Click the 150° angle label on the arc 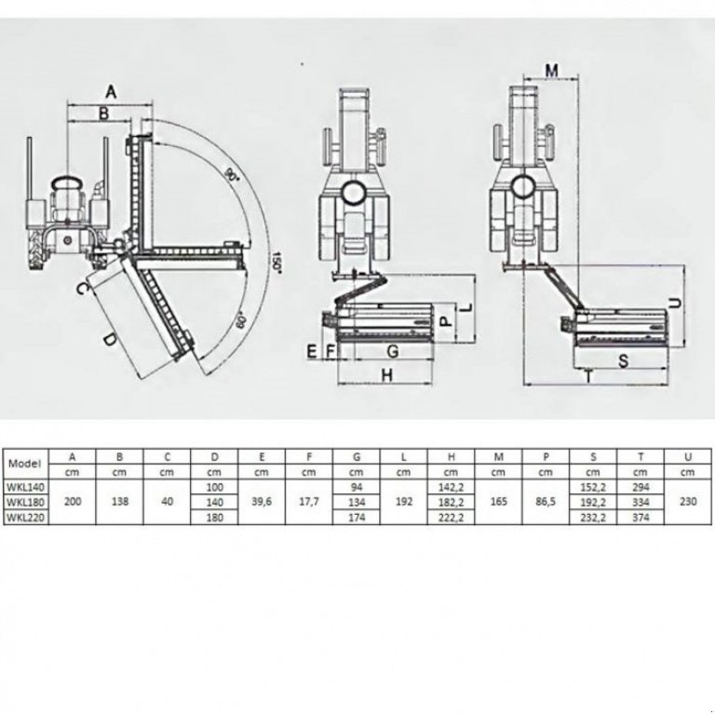[x=277, y=261]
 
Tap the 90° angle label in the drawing [x=230, y=174]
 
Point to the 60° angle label [x=240, y=321]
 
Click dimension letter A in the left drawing [x=111, y=91]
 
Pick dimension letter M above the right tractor [x=550, y=71]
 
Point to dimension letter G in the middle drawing [x=392, y=351]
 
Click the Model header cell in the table [x=25, y=463]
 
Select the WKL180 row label [x=25, y=503]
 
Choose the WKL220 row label [x=25, y=518]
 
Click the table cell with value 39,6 [x=261, y=502]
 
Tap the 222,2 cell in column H [x=451, y=518]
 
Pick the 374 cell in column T [x=642, y=518]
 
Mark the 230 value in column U [x=688, y=502]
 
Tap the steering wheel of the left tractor [x=68, y=181]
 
